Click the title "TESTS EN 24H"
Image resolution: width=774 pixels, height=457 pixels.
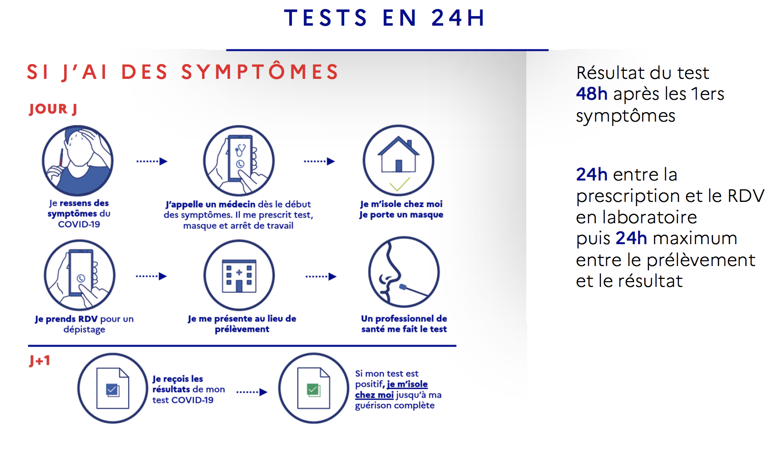tap(385, 18)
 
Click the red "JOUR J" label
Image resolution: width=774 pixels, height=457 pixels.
tap(53, 109)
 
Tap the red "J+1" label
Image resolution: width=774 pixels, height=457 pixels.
tap(40, 361)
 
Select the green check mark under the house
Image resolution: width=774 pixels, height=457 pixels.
tap(400, 184)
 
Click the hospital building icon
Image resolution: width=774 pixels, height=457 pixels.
tap(239, 276)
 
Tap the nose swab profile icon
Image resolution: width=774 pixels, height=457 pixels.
tap(404, 272)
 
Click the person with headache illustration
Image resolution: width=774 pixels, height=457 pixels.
tap(78, 161)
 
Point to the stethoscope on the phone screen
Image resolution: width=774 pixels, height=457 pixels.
tap(241, 150)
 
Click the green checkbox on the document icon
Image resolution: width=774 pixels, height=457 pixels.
tap(313, 390)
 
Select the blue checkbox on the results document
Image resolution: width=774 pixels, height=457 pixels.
tap(112, 390)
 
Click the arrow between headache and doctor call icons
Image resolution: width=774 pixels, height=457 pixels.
tap(152, 161)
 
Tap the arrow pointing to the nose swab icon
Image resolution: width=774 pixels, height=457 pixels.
tap(321, 276)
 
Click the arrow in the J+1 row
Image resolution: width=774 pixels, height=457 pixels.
tap(252, 392)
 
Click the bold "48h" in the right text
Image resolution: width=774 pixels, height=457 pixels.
tap(591, 94)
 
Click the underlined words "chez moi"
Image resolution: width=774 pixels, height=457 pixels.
tap(374, 395)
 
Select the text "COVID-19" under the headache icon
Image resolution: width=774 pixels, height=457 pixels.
tap(79, 224)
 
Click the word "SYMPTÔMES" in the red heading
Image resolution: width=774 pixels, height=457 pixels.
tap(260, 71)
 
